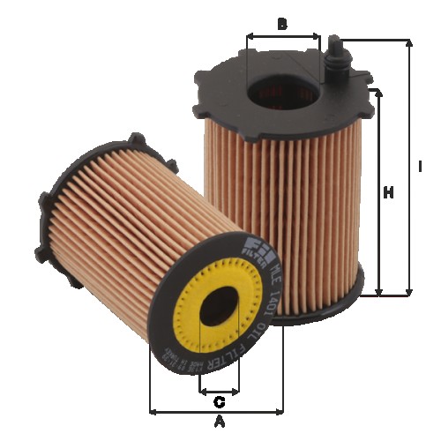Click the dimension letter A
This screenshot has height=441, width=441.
pos(220,422)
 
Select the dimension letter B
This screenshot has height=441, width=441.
pos(282,24)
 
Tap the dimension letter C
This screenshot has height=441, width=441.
pos(219,402)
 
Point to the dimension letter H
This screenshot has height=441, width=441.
pos(387,192)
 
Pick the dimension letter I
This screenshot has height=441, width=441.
pos(421,166)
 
